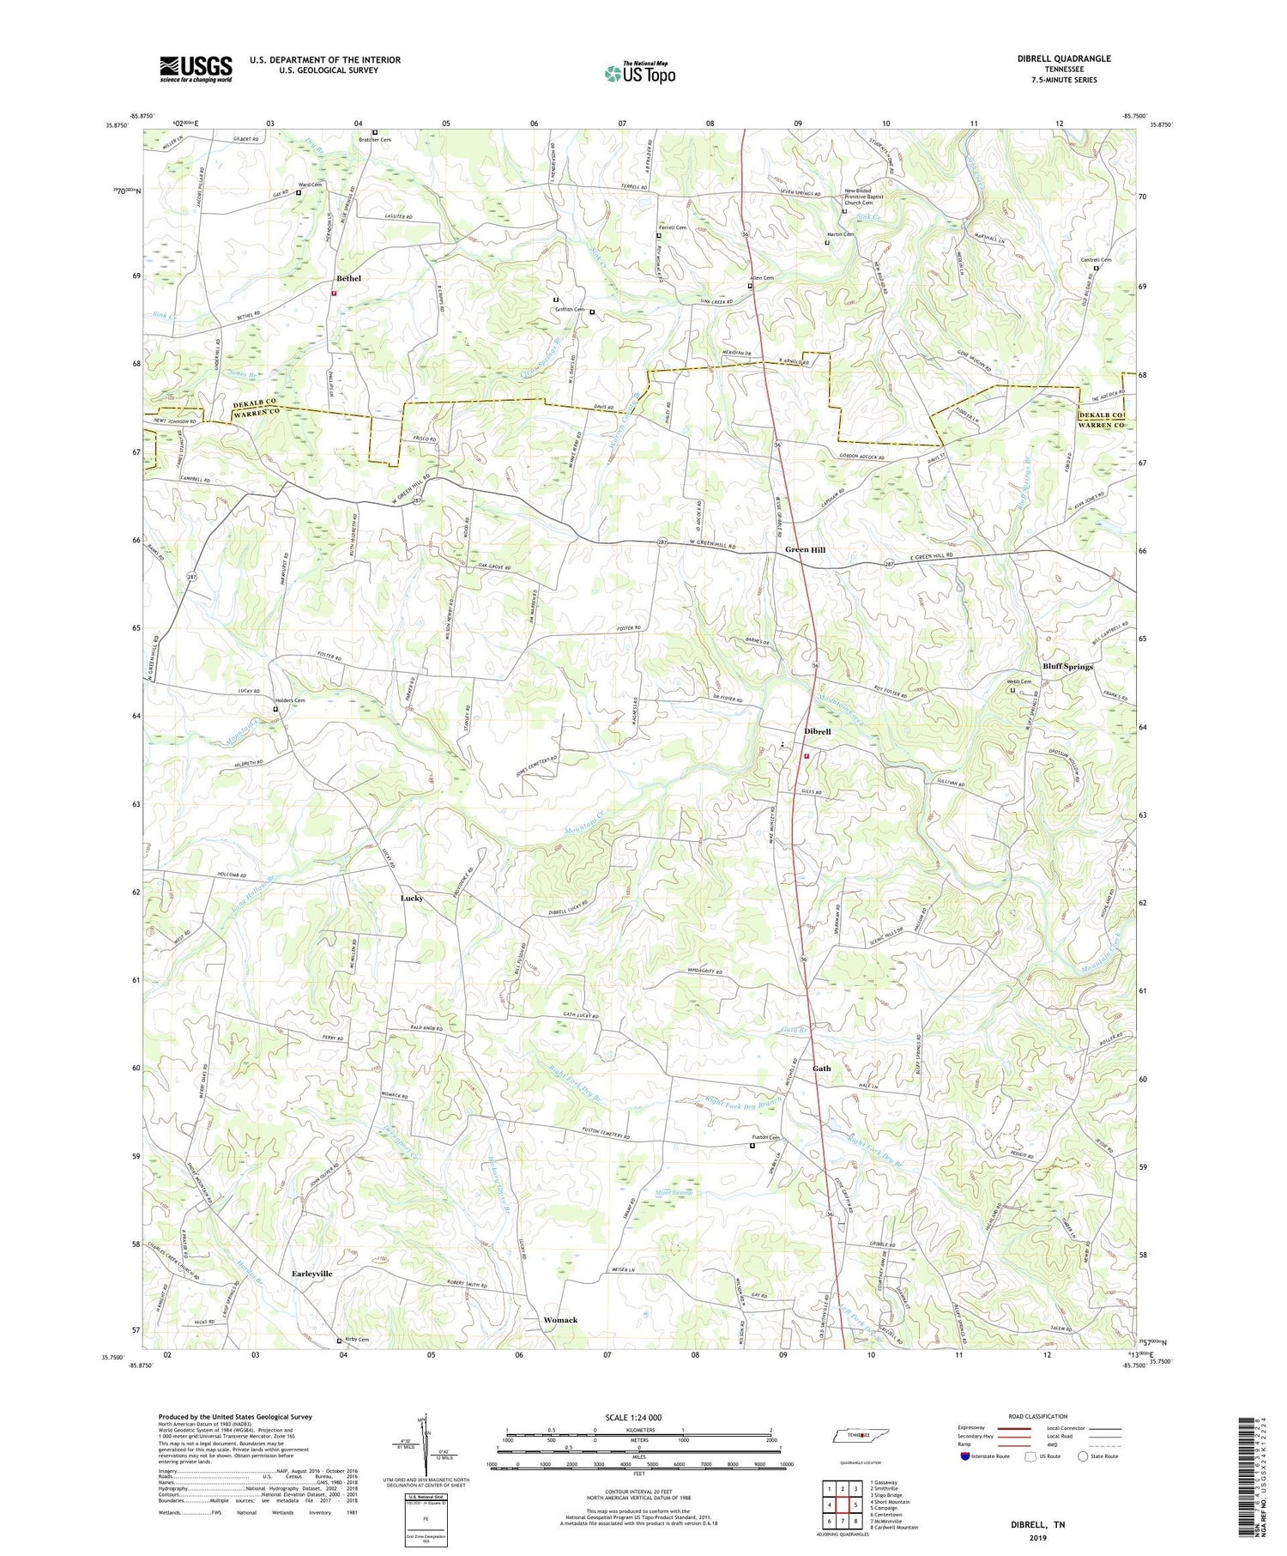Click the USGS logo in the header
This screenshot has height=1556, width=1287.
[195, 69]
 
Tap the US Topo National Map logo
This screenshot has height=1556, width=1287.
[639, 74]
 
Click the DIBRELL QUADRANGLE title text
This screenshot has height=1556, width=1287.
[1063, 58]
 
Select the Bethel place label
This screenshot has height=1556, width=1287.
[348, 278]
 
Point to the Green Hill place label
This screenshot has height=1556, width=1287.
[805, 549]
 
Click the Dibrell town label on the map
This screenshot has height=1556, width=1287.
[817, 731]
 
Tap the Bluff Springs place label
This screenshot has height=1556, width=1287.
[1067, 666]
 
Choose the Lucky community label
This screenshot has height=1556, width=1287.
[412, 898]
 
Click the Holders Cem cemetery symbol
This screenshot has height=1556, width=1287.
[275, 710]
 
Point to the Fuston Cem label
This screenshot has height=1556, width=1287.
[767, 1137]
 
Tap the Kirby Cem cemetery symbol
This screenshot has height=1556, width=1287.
[339, 1341]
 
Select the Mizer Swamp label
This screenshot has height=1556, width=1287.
[674, 1193]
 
